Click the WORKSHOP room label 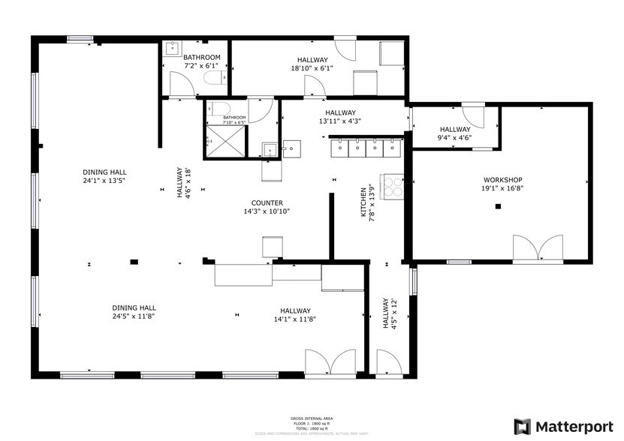tap(502, 180)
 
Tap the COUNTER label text tap(267, 202)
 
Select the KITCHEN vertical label tap(363, 202)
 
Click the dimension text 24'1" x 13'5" tap(104, 180)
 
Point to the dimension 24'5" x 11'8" tap(134, 316)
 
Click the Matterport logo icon tap(522, 426)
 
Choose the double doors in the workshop tap(537, 249)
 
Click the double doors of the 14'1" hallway tap(330, 364)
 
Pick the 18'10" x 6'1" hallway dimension tap(312, 69)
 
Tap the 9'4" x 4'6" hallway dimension tap(454, 137)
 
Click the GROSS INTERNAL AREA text tap(312, 418)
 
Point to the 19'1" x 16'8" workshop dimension tap(502, 189)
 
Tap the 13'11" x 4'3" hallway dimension tap(339, 121)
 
